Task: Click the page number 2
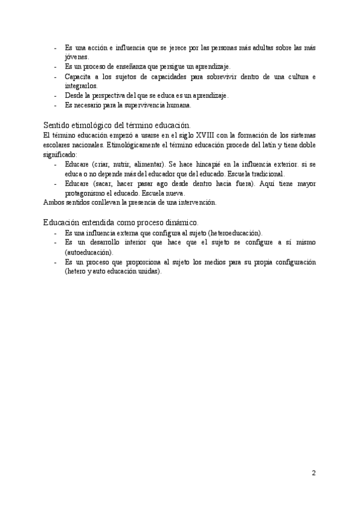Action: point(314,472)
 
